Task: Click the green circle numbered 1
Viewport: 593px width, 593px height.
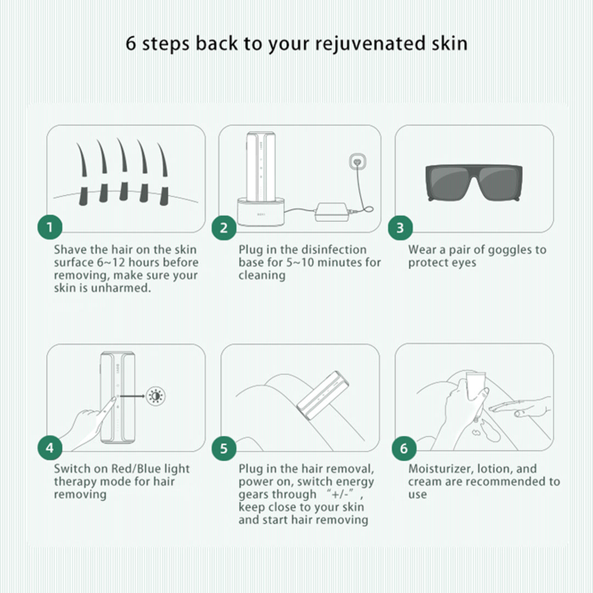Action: click(x=49, y=227)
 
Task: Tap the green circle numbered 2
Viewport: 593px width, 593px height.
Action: click(x=224, y=228)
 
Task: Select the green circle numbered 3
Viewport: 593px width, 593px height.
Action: click(x=400, y=228)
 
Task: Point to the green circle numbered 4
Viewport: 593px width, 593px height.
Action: click(x=49, y=448)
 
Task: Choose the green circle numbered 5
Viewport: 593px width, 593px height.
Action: click(x=224, y=448)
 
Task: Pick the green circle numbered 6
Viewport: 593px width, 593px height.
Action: click(x=404, y=448)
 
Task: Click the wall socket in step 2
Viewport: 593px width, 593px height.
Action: click(x=357, y=162)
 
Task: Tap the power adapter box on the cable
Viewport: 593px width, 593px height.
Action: click(x=332, y=212)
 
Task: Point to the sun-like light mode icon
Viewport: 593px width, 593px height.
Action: click(x=155, y=396)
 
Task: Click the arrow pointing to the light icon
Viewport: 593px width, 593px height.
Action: click(x=132, y=396)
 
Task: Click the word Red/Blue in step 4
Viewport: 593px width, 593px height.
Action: click(x=138, y=469)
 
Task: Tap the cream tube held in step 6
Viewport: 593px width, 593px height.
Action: click(x=475, y=387)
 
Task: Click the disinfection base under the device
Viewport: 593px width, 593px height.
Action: click(x=261, y=212)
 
